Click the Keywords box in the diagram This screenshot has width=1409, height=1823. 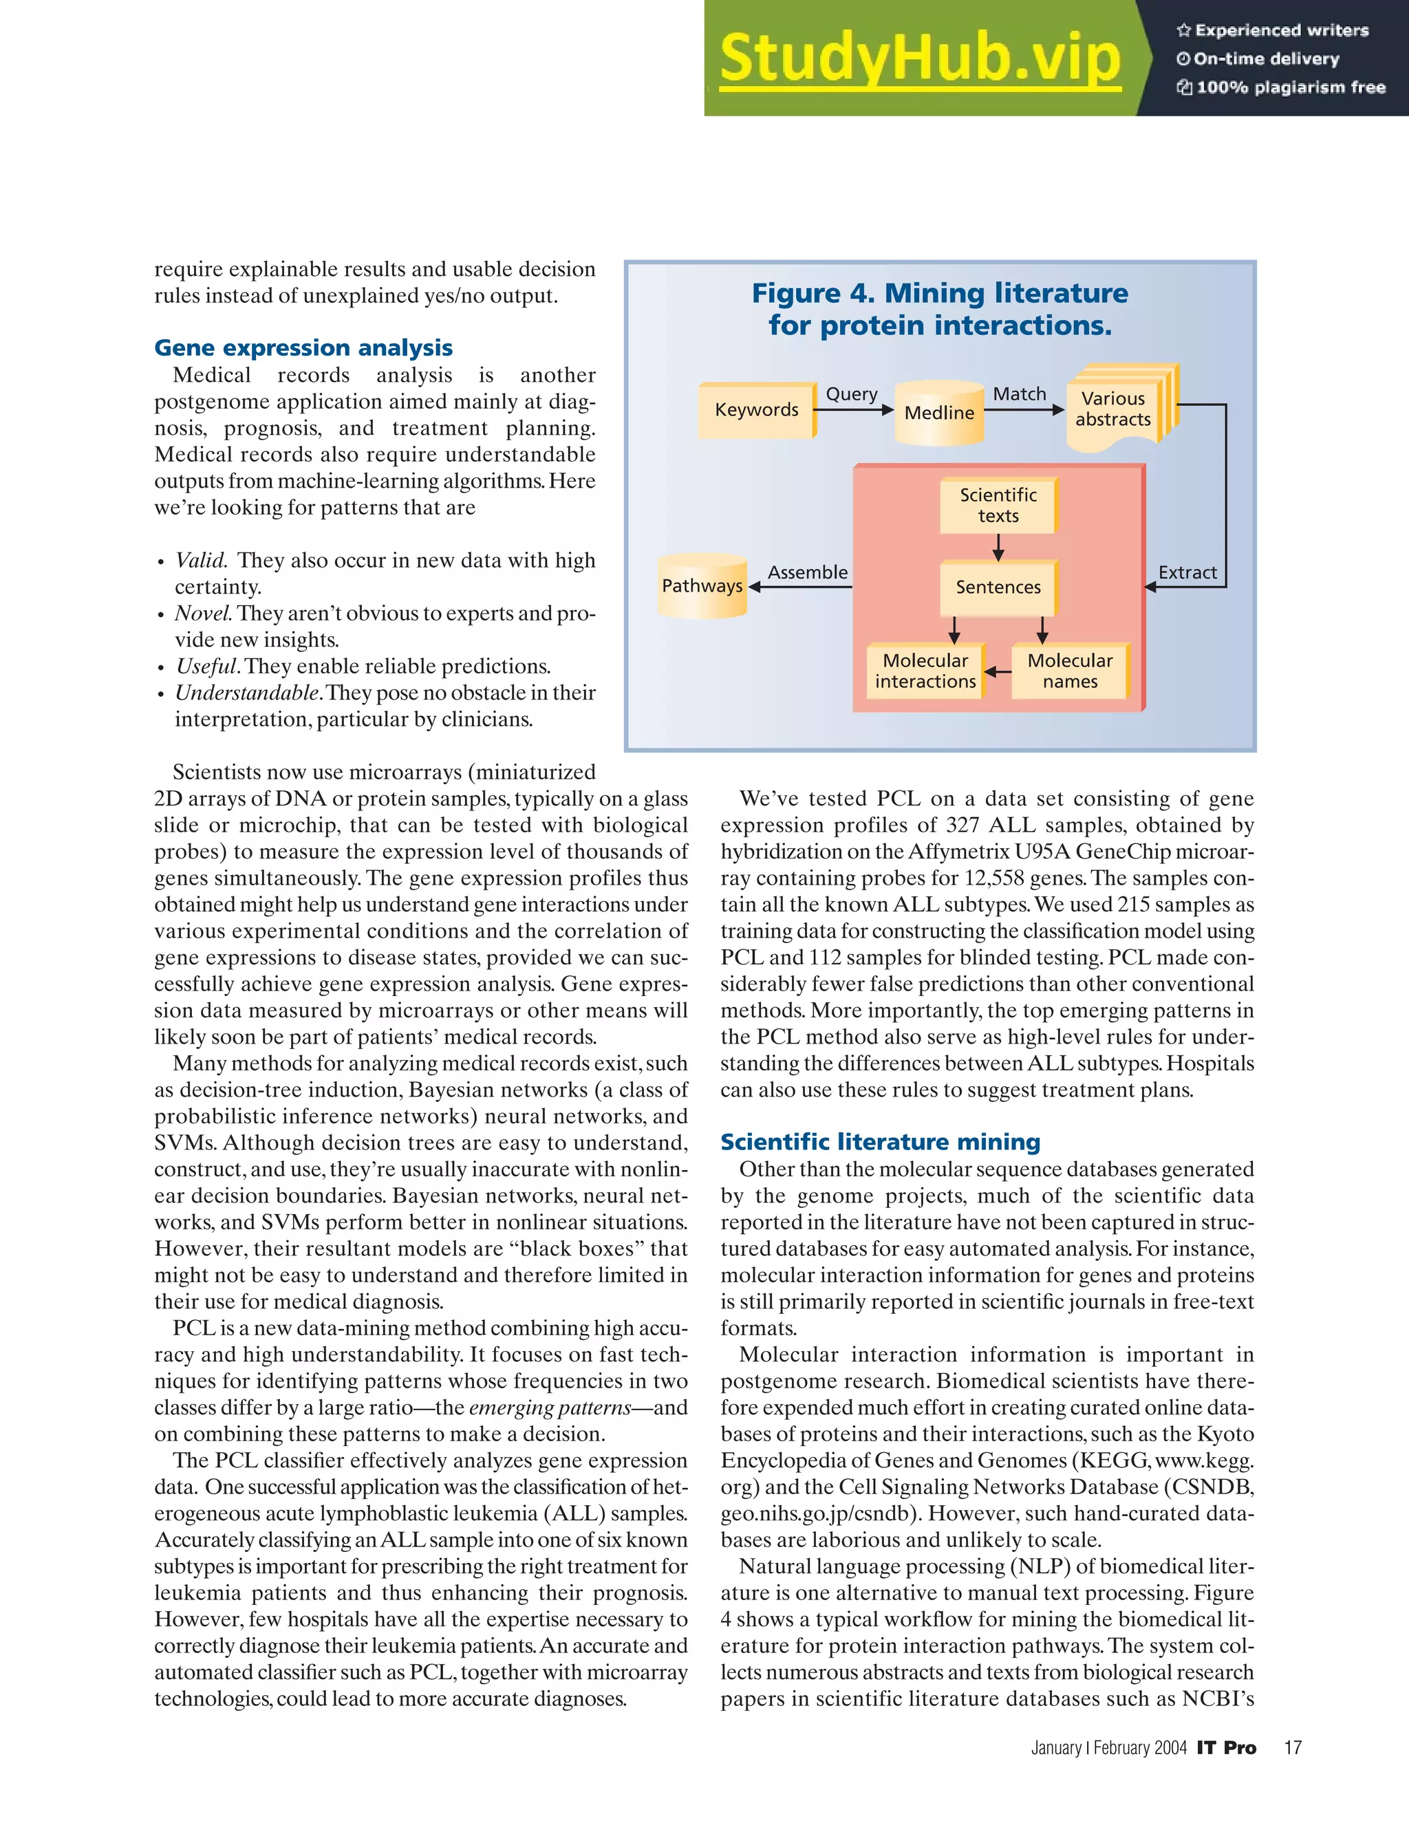(x=756, y=410)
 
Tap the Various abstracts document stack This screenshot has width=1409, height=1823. (x=1115, y=409)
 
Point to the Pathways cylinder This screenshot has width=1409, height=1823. (x=702, y=586)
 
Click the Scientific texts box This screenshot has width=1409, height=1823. (x=998, y=505)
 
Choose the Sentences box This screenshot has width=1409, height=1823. (x=998, y=587)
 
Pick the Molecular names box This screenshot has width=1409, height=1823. (x=1070, y=671)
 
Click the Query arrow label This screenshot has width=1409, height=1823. (x=852, y=394)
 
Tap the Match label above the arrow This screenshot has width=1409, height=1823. (x=1019, y=394)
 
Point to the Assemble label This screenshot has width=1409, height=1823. (x=807, y=572)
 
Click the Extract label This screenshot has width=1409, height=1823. (x=1187, y=572)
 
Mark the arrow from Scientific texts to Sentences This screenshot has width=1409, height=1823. (x=998, y=548)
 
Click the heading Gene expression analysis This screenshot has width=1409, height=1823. (x=304, y=347)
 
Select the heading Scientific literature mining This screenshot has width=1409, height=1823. (x=880, y=1141)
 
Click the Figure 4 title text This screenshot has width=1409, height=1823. (x=940, y=309)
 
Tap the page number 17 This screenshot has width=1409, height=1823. (x=1292, y=1747)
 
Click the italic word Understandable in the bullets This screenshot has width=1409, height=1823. (x=247, y=693)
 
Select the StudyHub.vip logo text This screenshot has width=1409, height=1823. (x=919, y=58)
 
